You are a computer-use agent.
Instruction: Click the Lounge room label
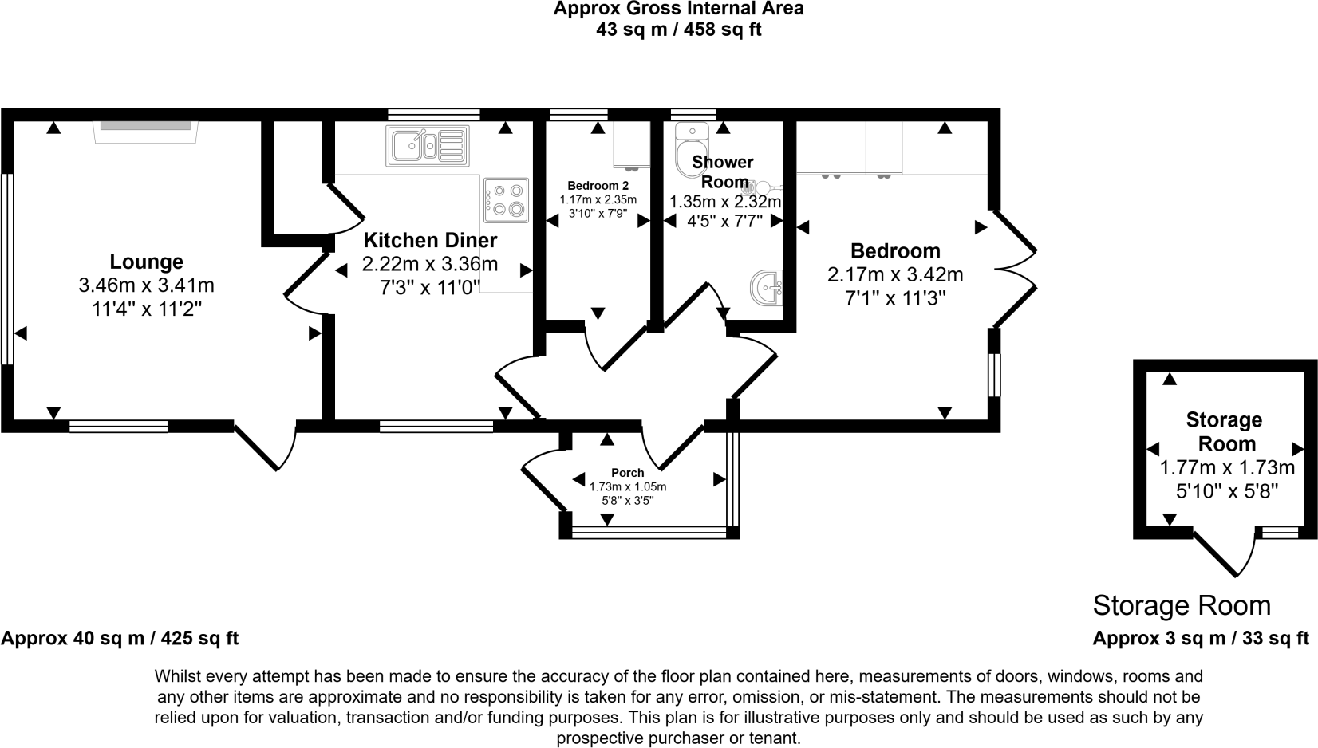pyautogui.click(x=147, y=262)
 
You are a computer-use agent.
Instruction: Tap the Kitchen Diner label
pyautogui.click(x=430, y=240)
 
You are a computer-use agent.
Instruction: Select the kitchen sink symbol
pyautogui.click(x=428, y=146)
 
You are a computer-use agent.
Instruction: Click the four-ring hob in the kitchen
pyautogui.click(x=507, y=200)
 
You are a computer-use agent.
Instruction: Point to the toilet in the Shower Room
pyautogui.click(x=692, y=149)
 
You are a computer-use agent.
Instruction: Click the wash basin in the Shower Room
pyautogui.click(x=768, y=288)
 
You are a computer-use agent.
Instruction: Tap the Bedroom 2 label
pyautogui.click(x=598, y=186)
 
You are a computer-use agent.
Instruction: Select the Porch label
pyautogui.click(x=628, y=473)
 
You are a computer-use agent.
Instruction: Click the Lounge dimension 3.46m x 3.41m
pyautogui.click(x=147, y=285)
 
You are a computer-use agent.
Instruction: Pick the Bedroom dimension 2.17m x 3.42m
pyautogui.click(x=895, y=274)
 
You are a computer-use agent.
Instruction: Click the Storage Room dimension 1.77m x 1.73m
pyautogui.click(x=1227, y=468)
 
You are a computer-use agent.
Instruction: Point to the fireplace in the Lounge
pyautogui.click(x=145, y=132)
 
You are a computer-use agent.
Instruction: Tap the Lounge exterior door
pyautogui.click(x=265, y=446)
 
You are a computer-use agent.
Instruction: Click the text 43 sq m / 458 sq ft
pyautogui.click(x=678, y=30)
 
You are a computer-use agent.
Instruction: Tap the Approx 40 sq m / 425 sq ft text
pyautogui.click(x=120, y=638)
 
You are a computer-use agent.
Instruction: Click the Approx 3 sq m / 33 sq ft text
pyautogui.click(x=1201, y=638)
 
